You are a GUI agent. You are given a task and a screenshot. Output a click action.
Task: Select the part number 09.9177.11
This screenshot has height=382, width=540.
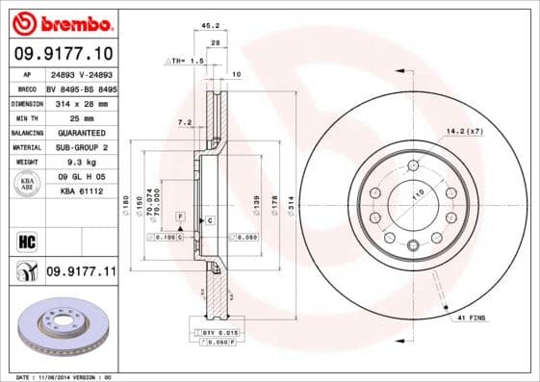81,273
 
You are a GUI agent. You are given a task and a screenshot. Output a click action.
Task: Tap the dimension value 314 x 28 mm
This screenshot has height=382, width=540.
81,101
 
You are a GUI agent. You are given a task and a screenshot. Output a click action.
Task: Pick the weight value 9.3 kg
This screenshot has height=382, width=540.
81,163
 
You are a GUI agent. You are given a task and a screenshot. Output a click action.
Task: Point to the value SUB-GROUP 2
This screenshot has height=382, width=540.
81,147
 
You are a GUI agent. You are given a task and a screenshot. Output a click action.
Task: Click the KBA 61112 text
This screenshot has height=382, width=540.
81,192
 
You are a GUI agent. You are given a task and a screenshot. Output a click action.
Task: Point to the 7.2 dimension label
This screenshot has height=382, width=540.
186,122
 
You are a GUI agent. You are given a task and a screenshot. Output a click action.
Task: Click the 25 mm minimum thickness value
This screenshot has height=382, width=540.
81,116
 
